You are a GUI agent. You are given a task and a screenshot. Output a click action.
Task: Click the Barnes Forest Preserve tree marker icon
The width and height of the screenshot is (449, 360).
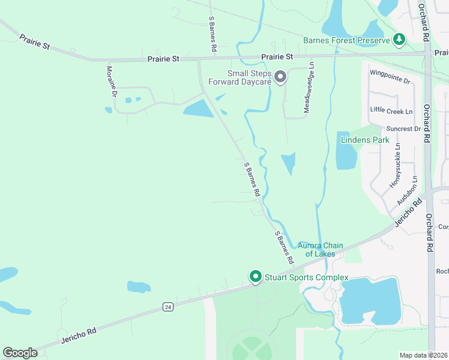coord(399,40)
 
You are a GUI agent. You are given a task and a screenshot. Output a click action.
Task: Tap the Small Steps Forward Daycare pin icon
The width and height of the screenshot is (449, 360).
coord(280,76)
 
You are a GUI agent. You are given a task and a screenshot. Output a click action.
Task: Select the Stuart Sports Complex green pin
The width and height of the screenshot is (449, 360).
coord(255,277)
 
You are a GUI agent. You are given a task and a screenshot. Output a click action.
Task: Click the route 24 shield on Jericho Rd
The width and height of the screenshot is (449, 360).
coord(169,307)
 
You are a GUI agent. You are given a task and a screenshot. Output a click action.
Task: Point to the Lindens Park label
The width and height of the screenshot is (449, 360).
coord(365,140)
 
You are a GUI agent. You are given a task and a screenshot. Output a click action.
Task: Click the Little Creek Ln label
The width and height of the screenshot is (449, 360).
coord(391,111)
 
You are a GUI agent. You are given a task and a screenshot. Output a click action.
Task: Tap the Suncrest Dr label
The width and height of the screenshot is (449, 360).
coord(403,129)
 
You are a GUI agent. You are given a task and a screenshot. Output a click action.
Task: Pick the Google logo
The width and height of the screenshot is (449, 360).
coord(20,353)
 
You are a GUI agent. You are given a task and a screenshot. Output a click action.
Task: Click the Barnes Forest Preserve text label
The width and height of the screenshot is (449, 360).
coord(346,41)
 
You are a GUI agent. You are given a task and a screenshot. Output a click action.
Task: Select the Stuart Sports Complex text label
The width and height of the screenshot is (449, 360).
coord(306,277)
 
